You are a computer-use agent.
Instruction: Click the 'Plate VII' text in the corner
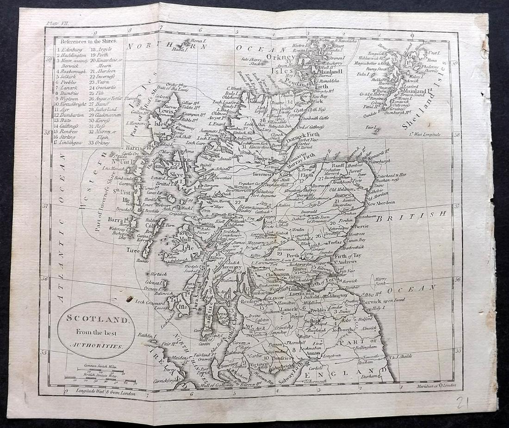click(x=56, y=22)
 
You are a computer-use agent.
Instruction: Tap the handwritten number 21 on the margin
click(x=462, y=403)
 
